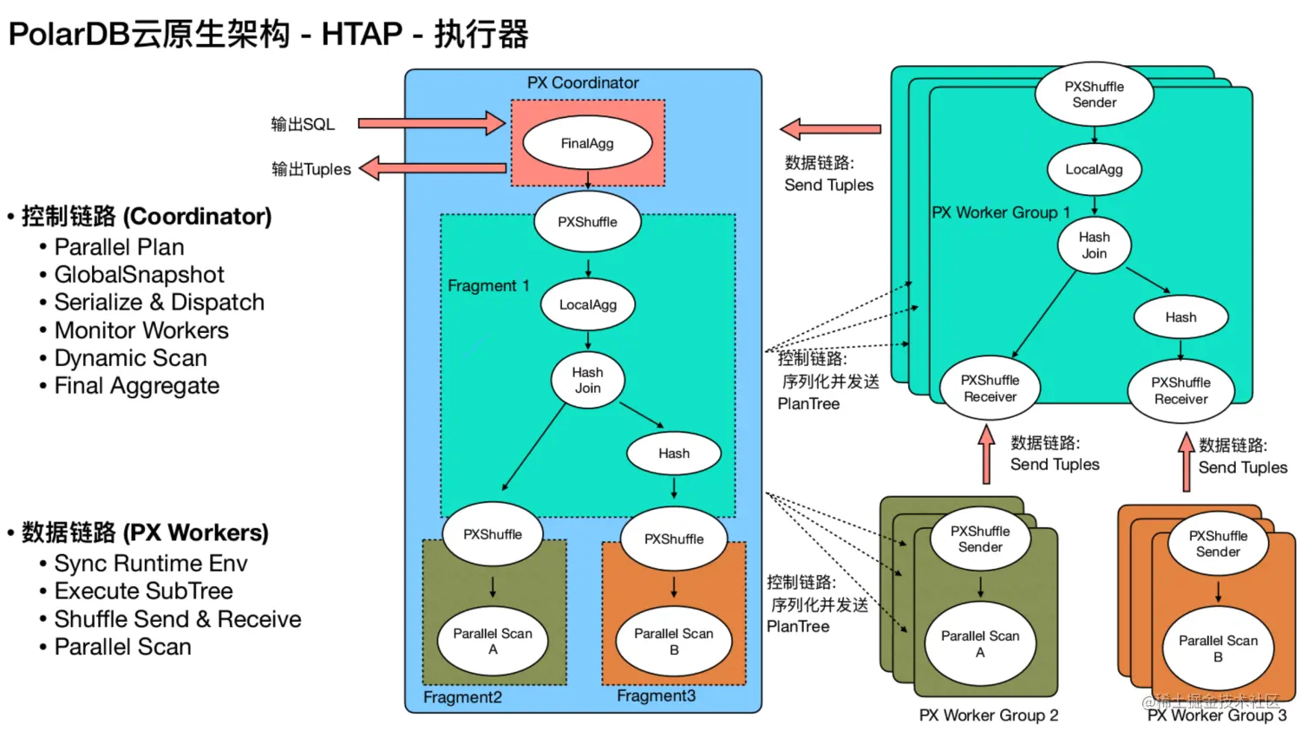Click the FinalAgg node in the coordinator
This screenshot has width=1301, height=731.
[x=587, y=143]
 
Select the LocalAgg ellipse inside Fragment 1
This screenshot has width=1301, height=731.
[x=588, y=304]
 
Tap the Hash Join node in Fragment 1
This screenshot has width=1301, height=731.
[x=588, y=380]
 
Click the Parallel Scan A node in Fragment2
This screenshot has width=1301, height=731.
[x=493, y=641]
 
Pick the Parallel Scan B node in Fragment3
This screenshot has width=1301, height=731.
[x=674, y=641]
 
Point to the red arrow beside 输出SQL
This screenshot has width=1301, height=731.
[x=432, y=123]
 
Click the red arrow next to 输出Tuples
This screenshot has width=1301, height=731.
[x=433, y=168]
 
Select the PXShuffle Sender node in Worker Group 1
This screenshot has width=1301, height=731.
[x=1095, y=94]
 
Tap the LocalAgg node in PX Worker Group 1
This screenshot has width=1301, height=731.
[x=1095, y=169]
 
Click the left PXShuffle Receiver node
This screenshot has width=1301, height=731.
[x=990, y=388]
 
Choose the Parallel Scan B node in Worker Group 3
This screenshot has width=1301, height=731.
[x=1218, y=649]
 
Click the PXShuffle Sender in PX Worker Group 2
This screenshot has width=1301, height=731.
[x=980, y=538]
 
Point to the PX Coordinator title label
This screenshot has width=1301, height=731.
[x=583, y=82]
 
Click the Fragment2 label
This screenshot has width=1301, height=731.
[x=462, y=696]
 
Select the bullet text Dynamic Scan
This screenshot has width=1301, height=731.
[x=131, y=357]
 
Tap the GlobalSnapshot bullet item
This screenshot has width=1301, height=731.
[x=140, y=275]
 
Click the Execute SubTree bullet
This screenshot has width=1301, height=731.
[x=143, y=591]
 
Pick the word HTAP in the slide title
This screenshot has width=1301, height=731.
[x=362, y=34]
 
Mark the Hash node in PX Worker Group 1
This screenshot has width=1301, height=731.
[x=1180, y=317]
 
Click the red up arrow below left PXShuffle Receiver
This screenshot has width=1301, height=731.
[x=986, y=454]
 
